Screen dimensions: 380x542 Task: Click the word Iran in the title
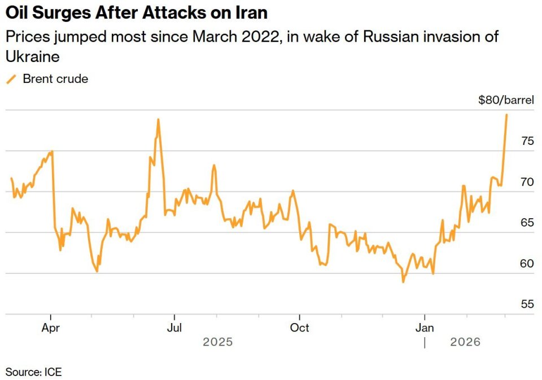pyautogui.click(x=249, y=12)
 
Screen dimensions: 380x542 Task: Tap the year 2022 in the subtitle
pyautogui.click(x=257, y=37)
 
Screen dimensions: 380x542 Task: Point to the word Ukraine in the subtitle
pyautogui.click(x=33, y=57)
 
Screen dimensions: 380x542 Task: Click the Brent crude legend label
pyautogui.click(x=55, y=79)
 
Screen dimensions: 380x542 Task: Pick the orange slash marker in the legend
pyautogui.click(x=11, y=79)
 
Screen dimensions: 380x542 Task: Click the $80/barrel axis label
pyautogui.click(x=506, y=100)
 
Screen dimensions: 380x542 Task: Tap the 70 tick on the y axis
pyautogui.click(x=527, y=182)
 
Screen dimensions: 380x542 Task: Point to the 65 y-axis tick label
pyautogui.click(x=527, y=223)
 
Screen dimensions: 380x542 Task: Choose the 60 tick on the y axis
pyautogui.click(x=527, y=263)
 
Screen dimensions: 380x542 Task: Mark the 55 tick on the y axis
pyautogui.click(x=527, y=304)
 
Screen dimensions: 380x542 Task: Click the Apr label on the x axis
pyautogui.click(x=51, y=327)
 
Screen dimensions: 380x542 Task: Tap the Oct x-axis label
pyautogui.click(x=299, y=327)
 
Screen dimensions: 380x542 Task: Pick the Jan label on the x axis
pyautogui.click(x=424, y=327)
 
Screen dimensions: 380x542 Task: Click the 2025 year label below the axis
pyautogui.click(x=217, y=342)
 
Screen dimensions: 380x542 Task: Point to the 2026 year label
pyautogui.click(x=465, y=342)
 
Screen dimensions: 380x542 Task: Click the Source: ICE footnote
pyautogui.click(x=34, y=372)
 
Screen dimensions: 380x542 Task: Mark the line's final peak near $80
pyautogui.click(x=506, y=115)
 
